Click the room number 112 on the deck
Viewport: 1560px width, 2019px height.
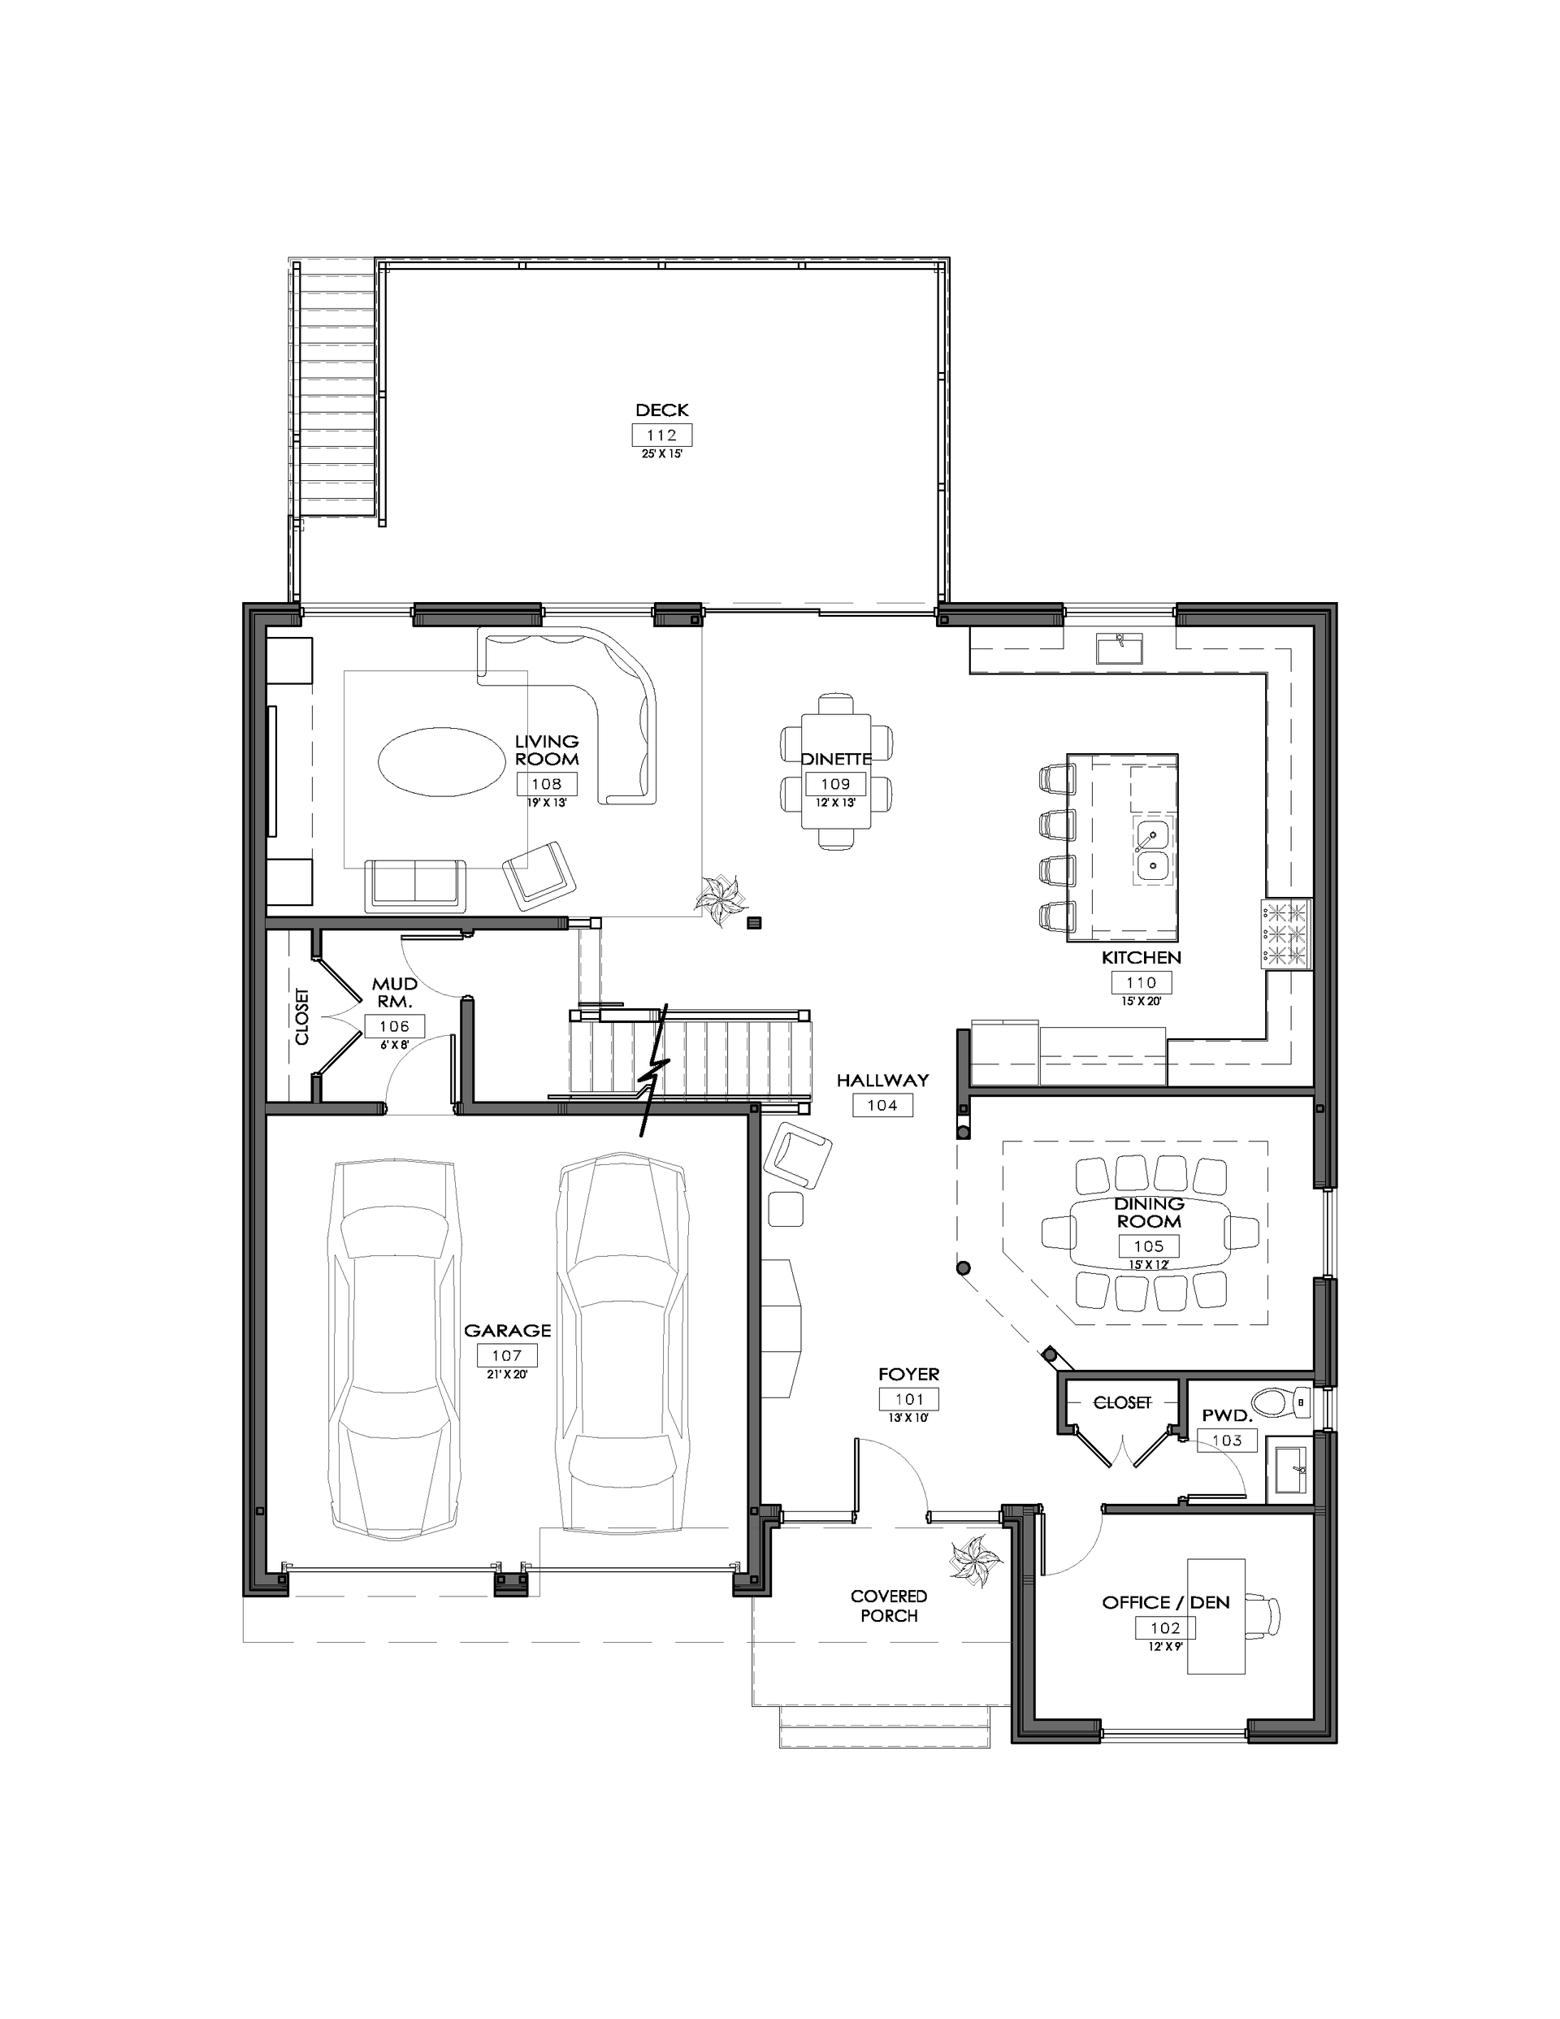(661, 435)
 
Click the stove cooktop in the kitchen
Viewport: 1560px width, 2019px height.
(1286, 934)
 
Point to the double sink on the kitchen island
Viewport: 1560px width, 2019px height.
(1152, 851)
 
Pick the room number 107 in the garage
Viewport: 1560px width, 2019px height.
(507, 1355)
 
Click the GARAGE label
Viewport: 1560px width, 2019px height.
(508, 1330)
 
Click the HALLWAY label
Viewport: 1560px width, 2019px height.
(883, 1080)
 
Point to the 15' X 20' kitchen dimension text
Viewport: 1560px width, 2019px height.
(1141, 1000)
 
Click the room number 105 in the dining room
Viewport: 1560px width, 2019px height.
(1149, 1246)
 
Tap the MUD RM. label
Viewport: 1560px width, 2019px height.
(395, 992)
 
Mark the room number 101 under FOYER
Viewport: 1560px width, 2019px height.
(910, 1400)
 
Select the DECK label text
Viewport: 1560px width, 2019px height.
(662, 409)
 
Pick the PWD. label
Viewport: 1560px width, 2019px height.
(1227, 1415)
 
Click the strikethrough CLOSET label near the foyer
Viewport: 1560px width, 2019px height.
(1123, 1402)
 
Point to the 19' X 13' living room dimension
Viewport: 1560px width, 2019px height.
(547, 803)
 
